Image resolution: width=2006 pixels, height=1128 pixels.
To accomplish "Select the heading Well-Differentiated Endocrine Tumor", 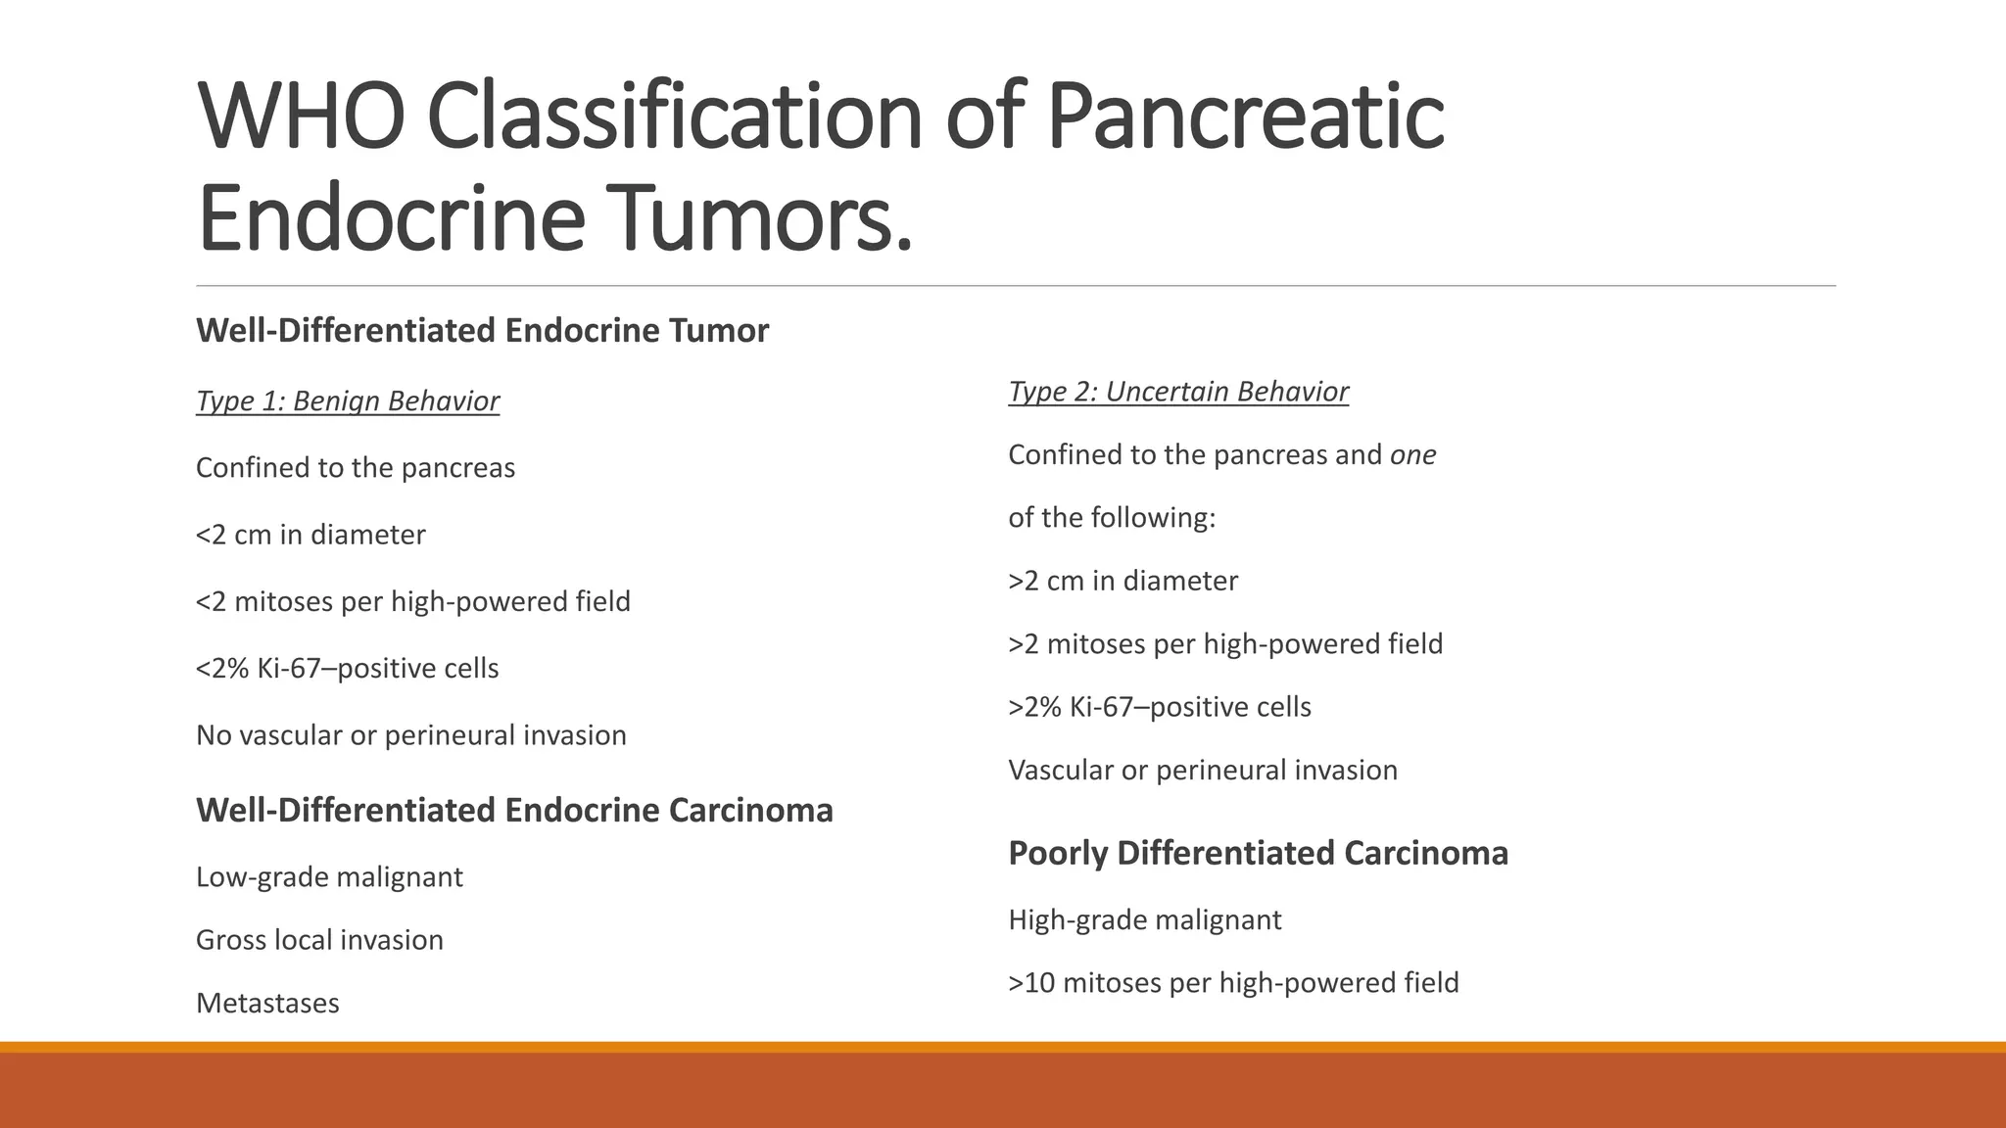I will point(482,331).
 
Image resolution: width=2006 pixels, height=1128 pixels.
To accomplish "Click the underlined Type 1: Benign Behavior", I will point(348,401).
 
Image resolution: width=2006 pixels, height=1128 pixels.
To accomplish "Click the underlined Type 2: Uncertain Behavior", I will point(1178,392).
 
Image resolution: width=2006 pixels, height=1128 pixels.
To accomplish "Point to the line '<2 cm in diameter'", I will point(310,535).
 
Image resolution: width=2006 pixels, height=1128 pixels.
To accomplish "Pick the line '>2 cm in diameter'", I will point(1122,581).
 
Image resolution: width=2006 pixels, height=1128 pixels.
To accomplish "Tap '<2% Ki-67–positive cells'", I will point(347,669).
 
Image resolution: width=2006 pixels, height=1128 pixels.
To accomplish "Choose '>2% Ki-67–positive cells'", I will point(1160,707).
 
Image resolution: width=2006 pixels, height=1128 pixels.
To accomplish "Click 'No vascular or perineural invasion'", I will point(410,735).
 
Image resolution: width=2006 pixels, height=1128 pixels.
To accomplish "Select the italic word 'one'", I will point(1412,455).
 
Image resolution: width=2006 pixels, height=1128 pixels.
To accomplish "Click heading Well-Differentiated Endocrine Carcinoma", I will point(514,811).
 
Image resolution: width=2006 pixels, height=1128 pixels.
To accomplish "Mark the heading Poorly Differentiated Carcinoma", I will point(1258,853).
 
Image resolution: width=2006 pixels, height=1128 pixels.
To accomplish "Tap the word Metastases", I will point(267,1004).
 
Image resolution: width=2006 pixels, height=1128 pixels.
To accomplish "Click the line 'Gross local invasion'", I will point(319,940).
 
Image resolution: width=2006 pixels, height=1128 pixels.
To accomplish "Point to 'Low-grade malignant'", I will point(329,877).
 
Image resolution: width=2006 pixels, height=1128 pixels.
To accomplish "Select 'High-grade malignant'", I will point(1144,920).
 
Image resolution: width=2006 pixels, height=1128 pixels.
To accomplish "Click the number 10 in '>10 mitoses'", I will point(1039,983).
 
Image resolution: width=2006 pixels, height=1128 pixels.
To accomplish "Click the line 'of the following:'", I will point(1112,518).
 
